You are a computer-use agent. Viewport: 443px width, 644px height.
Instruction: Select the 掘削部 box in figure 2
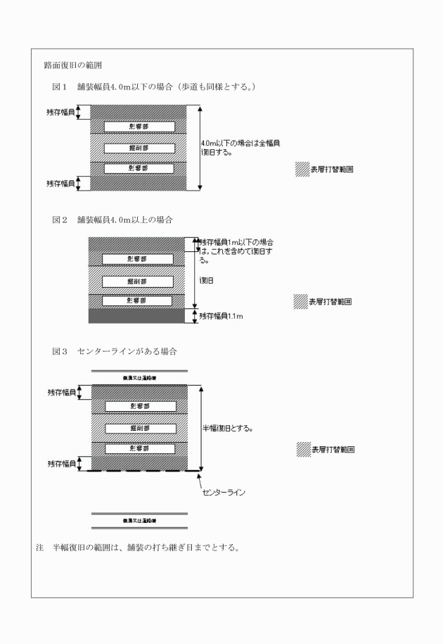(138, 281)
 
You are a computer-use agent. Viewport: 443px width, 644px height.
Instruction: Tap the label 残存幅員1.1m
(224, 316)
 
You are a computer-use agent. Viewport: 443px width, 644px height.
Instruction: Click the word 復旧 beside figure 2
(207, 279)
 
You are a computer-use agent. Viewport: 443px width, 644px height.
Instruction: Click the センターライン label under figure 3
(226, 493)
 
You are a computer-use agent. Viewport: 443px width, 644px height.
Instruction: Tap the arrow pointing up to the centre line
(200, 482)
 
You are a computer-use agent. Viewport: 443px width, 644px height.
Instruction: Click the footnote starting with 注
(137, 549)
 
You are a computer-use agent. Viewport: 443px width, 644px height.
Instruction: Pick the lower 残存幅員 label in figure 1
(62, 183)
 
